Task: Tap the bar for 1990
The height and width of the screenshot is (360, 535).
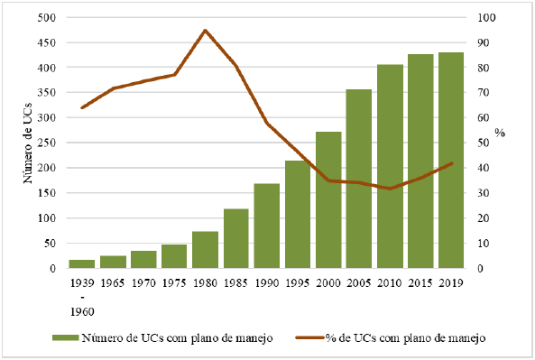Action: tap(266, 226)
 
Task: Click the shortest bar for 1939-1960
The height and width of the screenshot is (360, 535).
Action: tap(82, 263)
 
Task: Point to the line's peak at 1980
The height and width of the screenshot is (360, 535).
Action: tap(205, 31)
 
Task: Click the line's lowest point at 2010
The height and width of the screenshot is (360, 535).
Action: tap(390, 189)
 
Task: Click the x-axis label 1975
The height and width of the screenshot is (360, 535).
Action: tap(174, 282)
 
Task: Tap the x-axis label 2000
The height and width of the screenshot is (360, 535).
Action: tap(327, 282)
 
